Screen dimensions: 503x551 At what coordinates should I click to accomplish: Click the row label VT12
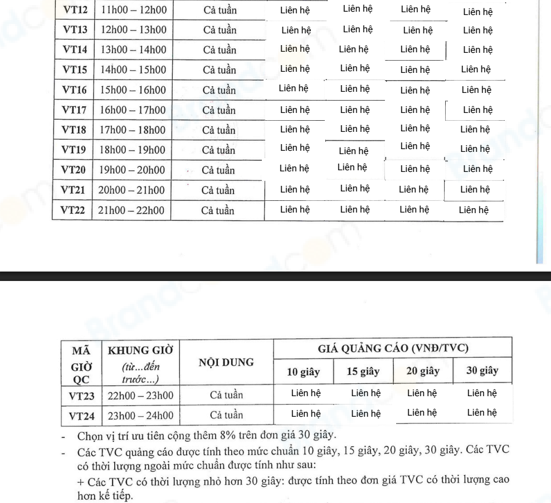[x=75, y=10]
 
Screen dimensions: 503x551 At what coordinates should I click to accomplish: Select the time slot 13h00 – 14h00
[x=133, y=50]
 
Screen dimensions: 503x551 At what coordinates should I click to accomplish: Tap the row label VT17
[x=74, y=110]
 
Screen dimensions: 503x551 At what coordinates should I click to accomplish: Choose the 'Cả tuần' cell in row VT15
[x=219, y=70]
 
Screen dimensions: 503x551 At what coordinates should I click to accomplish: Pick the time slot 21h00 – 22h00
[x=132, y=210]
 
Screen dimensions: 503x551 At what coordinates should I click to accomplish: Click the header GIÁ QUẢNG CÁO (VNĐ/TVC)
[x=393, y=348]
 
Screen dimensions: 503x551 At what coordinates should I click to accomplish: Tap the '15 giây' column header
[x=363, y=371]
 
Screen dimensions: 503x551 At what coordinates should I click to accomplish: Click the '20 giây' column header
[x=422, y=371]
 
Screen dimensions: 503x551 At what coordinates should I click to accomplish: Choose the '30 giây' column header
[x=482, y=371]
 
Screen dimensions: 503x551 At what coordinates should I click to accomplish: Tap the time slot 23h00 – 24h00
[x=140, y=415]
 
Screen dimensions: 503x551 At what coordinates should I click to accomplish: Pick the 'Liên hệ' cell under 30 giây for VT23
[x=482, y=393]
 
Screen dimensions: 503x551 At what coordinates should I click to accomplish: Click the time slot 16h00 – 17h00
[x=133, y=110]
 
